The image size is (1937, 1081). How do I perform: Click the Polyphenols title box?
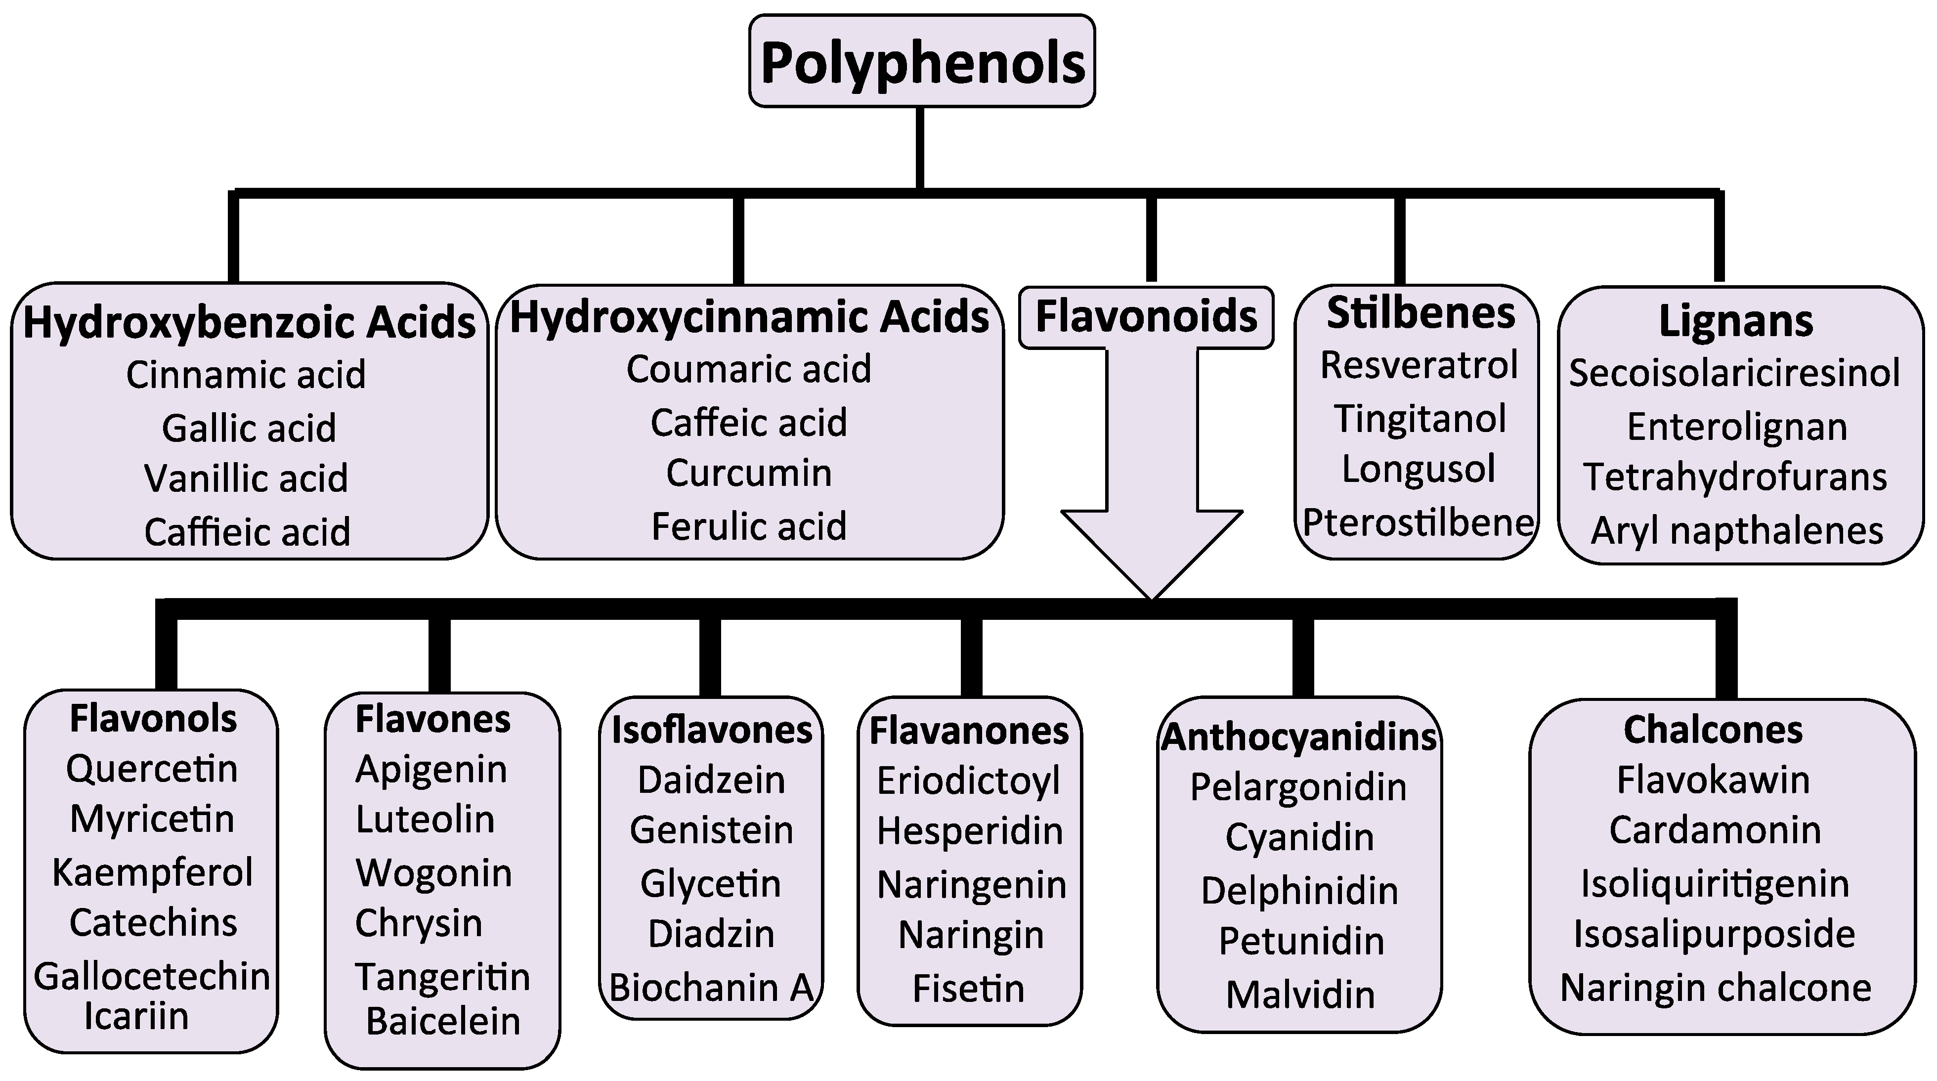click(922, 62)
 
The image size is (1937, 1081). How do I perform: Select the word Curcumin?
click(749, 474)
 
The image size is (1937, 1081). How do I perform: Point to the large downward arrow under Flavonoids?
click(1151, 489)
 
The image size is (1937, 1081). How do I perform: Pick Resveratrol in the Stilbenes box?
click(1419, 366)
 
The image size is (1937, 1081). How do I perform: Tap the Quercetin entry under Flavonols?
click(152, 769)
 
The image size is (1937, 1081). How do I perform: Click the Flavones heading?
click(433, 719)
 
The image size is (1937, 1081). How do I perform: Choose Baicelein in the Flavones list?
click(443, 1022)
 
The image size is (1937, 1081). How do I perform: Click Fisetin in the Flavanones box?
click(969, 989)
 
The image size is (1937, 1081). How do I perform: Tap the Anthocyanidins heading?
click(1298, 737)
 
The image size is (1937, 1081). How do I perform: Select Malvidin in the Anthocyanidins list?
click(1300, 995)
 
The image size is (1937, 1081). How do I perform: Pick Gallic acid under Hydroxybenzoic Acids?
click(249, 429)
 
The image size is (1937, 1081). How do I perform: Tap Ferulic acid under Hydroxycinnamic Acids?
click(749, 526)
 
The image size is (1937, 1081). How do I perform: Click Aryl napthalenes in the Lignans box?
click(1737, 531)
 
